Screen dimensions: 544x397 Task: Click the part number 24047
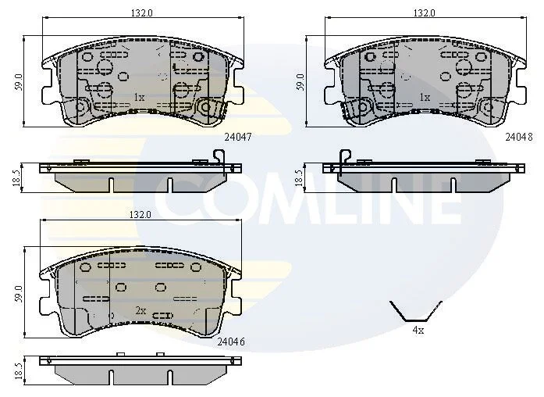[237, 137]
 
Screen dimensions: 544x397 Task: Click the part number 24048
[519, 137]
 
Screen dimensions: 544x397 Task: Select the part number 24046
[231, 342]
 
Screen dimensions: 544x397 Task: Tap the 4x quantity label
[418, 330]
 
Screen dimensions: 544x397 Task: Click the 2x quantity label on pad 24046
[140, 310]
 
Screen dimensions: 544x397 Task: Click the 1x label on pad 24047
[139, 97]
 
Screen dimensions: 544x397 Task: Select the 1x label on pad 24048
[425, 97]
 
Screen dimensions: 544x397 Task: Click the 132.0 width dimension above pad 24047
[141, 13]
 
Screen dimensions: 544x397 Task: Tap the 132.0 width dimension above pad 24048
[425, 13]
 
